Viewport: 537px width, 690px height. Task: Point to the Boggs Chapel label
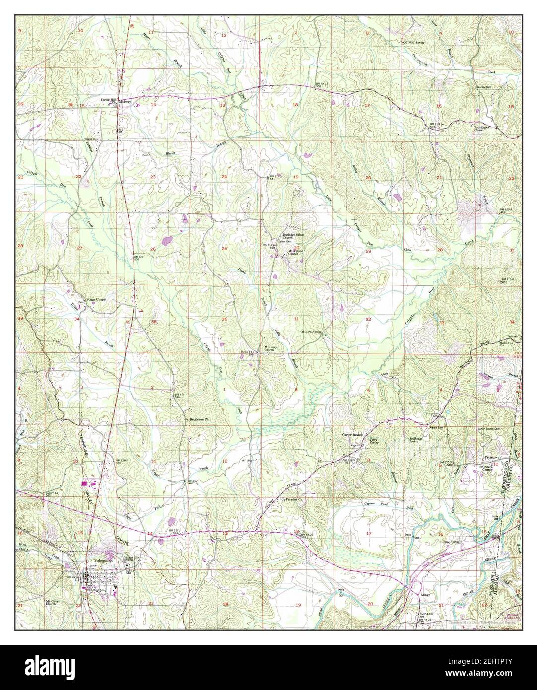point(96,299)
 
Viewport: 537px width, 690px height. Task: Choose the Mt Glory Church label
point(269,348)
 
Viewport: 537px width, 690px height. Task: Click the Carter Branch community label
point(352,435)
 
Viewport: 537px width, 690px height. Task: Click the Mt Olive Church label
point(54,603)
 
